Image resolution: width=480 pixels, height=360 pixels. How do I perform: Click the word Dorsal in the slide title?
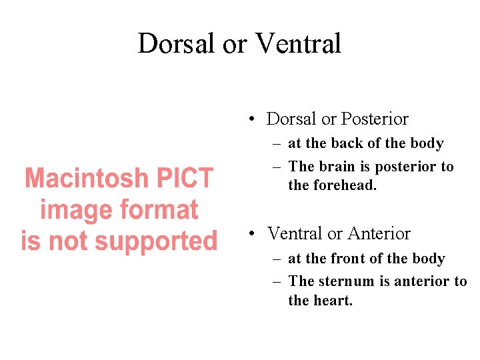click(x=177, y=44)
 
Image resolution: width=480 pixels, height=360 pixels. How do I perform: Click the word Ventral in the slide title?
click(x=298, y=44)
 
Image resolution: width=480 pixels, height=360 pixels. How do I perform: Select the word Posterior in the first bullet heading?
click(x=374, y=119)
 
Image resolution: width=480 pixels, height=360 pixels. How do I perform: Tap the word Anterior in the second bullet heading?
click(x=379, y=234)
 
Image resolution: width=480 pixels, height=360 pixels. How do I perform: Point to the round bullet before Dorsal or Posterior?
click(x=251, y=120)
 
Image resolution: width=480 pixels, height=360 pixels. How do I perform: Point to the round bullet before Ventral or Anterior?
click(x=251, y=235)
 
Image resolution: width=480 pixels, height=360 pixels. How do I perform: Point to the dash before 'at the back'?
click(x=277, y=144)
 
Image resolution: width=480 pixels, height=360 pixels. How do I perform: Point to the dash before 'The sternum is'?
click(x=277, y=281)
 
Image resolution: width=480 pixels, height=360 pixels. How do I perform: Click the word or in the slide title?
click(x=235, y=44)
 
